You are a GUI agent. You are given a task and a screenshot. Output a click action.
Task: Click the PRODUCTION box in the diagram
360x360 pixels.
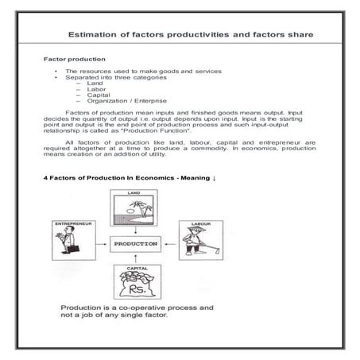click(x=136, y=242)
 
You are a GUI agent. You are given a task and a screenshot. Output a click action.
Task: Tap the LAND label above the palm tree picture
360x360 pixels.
click(x=134, y=193)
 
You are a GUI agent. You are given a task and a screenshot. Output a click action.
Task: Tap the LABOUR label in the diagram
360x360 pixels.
click(x=198, y=224)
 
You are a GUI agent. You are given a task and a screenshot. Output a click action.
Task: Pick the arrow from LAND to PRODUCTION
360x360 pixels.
click(x=135, y=229)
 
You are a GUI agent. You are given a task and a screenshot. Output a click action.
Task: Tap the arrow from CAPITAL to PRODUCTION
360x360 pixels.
click(x=135, y=257)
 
